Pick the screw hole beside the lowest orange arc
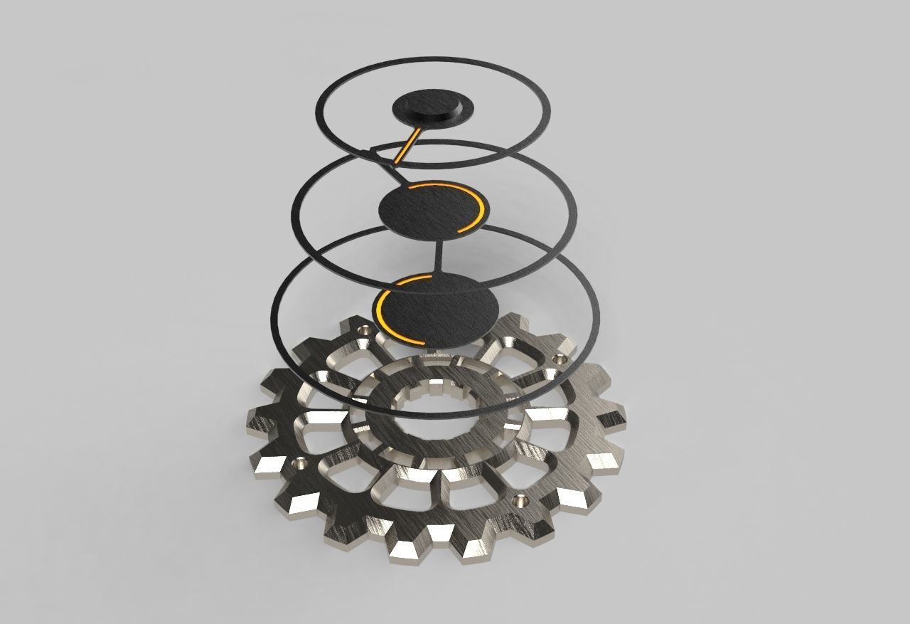(365, 329)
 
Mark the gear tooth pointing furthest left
(260, 417)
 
